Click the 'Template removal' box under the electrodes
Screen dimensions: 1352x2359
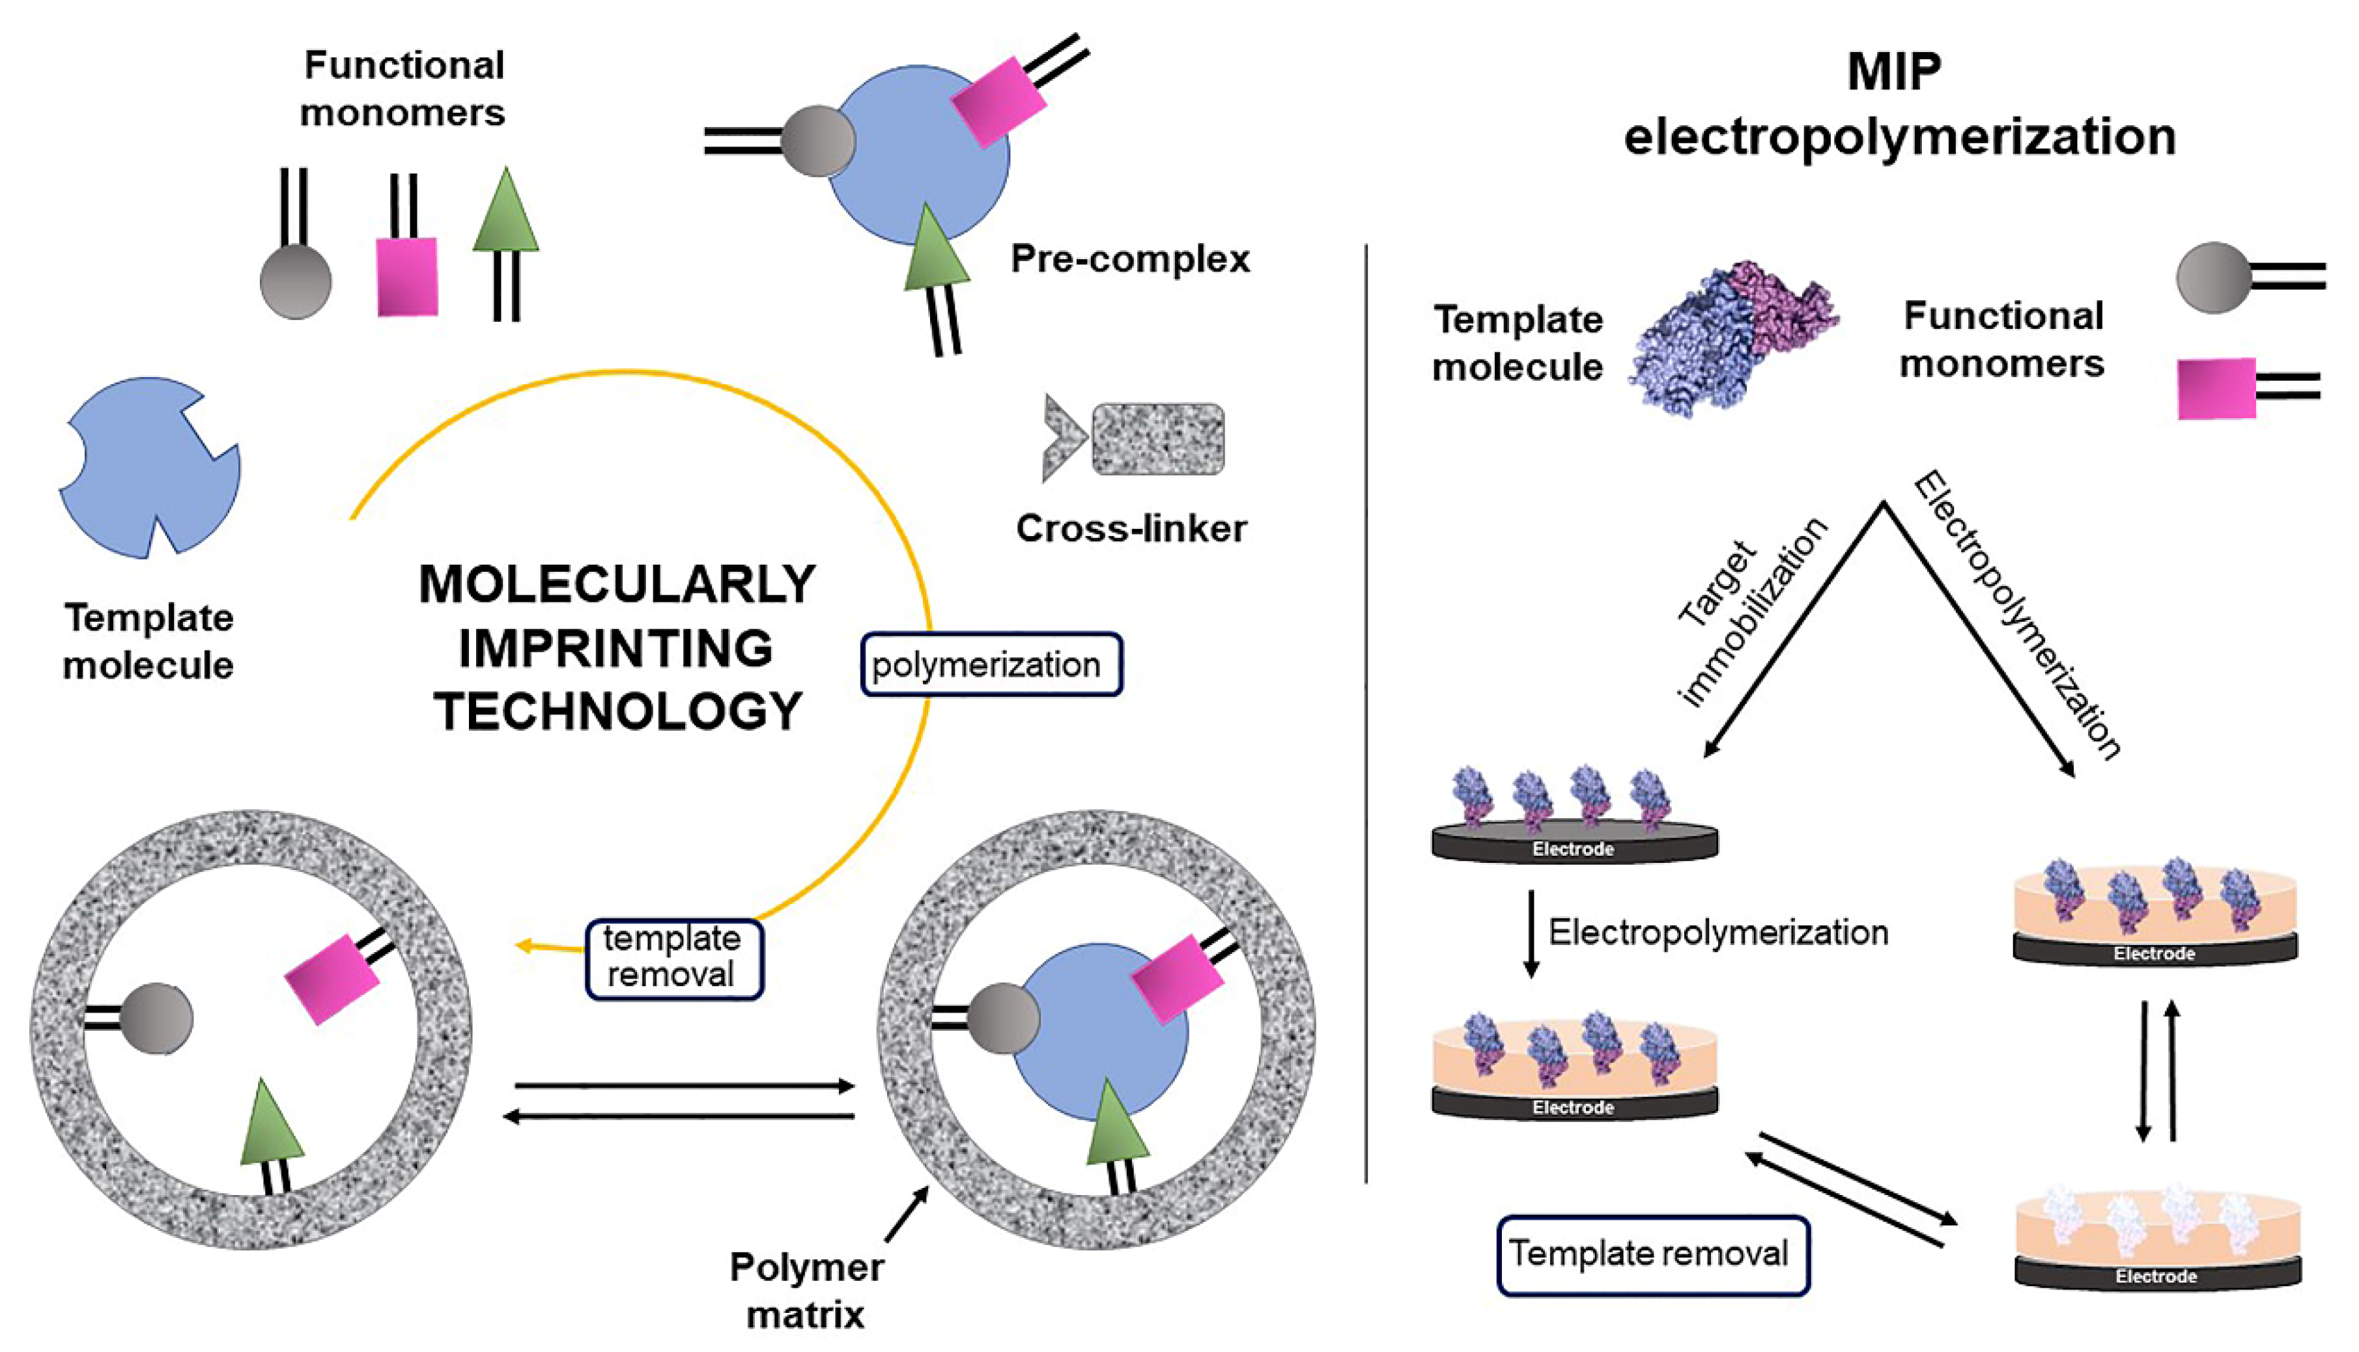click(x=1652, y=1254)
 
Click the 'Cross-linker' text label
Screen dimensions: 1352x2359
click(x=1131, y=528)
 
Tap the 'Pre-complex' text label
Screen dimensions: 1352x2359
click(x=1130, y=259)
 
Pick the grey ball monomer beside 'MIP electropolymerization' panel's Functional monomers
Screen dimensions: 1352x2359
click(x=2213, y=277)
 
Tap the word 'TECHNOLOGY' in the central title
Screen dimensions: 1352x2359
click(x=617, y=712)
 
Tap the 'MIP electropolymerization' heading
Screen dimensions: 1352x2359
click(x=1899, y=104)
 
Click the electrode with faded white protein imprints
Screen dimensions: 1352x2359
click(x=2156, y=1245)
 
